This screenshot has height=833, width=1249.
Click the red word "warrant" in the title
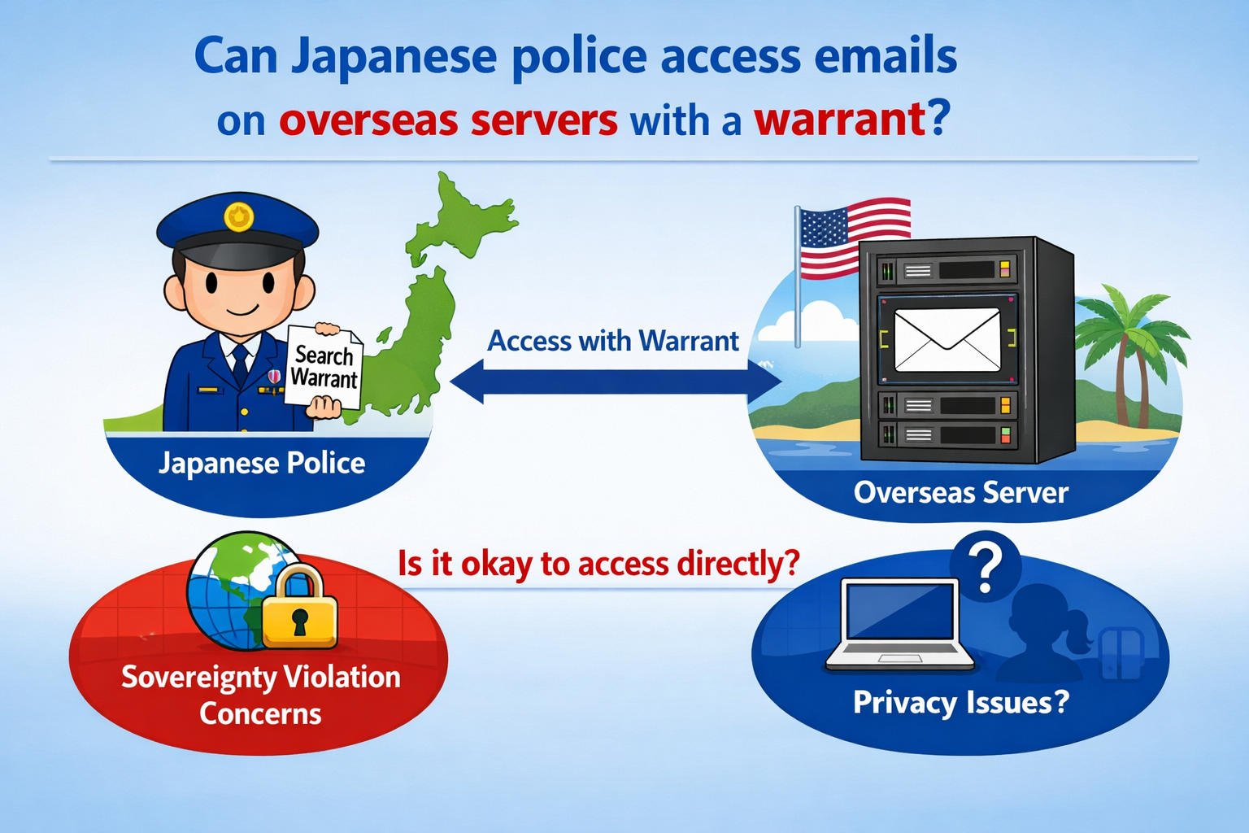point(840,119)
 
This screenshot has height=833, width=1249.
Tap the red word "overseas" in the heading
point(368,119)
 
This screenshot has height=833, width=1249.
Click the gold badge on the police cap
point(238,216)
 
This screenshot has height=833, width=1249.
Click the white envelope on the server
point(947,340)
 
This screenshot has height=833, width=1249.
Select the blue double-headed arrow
point(615,382)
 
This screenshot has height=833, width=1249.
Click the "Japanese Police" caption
point(262,464)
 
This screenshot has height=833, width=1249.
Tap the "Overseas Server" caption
point(960,493)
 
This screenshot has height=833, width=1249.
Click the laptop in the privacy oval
point(899,624)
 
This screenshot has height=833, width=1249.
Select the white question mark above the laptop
point(986,568)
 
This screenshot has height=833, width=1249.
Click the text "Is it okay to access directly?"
point(598,564)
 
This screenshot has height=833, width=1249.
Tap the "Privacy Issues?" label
point(960,702)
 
